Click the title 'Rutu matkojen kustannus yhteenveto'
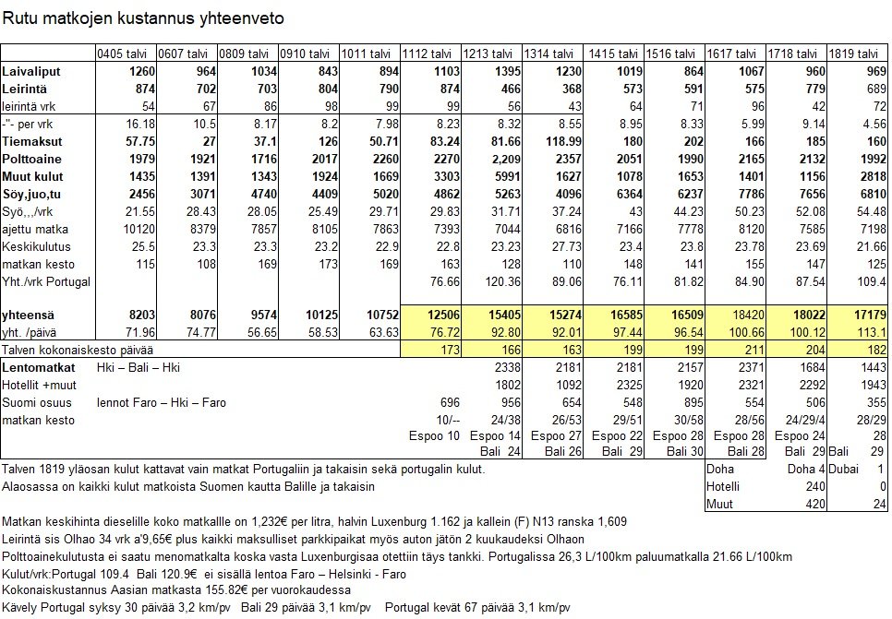click(143, 18)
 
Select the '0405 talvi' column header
click(124, 54)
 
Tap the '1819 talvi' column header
click(856, 54)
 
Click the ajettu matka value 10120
click(136, 229)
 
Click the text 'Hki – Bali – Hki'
click(139, 367)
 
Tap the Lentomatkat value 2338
click(504, 367)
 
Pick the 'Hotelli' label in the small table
click(720, 487)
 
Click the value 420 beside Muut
click(813, 505)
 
